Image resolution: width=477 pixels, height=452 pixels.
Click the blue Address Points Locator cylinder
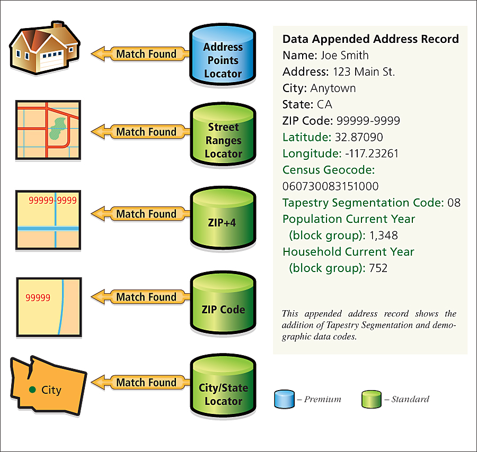click(223, 56)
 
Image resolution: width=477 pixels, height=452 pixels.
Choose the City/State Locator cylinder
click(223, 390)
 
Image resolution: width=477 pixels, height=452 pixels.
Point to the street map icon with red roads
click(48, 130)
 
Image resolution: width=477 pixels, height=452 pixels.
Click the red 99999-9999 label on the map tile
click(52, 201)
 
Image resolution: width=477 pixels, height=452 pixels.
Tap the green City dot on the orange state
click(33, 390)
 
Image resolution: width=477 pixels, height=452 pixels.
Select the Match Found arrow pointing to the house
click(141, 53)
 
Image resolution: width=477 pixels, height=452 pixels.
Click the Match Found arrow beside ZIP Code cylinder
click(141, 297)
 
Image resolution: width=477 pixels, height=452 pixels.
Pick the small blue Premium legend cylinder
click(284, 399)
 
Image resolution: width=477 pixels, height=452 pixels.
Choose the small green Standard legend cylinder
click(372, 399)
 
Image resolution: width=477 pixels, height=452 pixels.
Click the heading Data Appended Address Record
click(370, 39)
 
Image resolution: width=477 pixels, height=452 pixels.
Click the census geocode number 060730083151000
click(330, 186)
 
